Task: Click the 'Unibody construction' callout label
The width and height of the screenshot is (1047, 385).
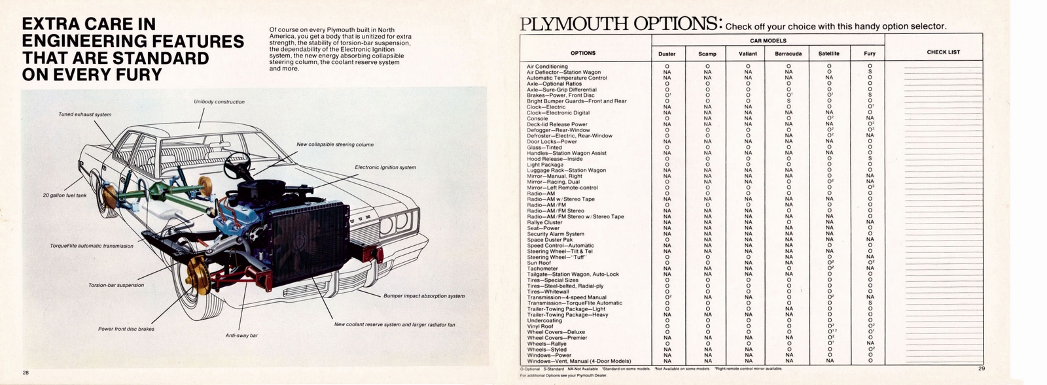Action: coord(219,102)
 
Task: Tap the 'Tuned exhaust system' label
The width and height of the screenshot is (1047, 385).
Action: coord(84,114)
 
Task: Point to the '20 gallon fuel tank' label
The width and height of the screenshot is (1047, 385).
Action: coord(64,195)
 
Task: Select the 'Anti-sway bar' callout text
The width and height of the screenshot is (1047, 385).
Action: coord(241,335)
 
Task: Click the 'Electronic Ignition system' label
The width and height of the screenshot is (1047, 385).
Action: coord(385,167)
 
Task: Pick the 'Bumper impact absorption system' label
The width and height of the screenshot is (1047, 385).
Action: coord(424,296)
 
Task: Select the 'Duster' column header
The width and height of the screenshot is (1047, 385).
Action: coord(667,54)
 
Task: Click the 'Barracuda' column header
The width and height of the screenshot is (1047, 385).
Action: coord(788,54)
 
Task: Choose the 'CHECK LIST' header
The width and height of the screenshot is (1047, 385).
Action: coord(943,52)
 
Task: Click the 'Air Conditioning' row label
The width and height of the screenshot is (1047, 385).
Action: coord(547,66)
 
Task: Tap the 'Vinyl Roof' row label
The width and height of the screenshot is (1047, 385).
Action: coord(540,326)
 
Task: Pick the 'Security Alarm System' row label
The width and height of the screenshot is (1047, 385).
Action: coord(556,234)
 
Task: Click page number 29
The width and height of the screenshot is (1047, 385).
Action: coord(982,369)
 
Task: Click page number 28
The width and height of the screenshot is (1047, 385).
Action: coord(25,373)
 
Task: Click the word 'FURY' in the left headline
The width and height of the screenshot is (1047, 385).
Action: coord(132,74)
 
